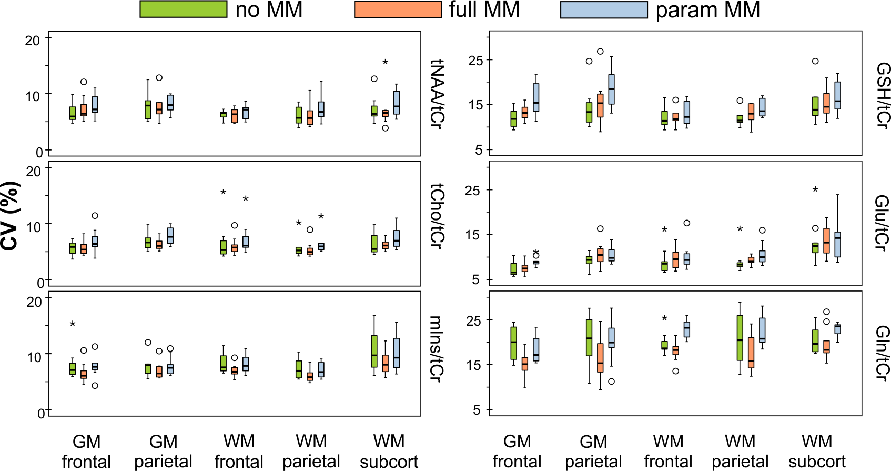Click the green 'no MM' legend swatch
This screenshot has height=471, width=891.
tap(183, 9)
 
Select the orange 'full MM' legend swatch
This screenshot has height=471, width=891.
tap(398, 9)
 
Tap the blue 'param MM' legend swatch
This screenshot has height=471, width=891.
tap(604, 9)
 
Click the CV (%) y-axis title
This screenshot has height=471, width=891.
tap(11, 216)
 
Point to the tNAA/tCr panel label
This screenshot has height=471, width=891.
tap(437, 94)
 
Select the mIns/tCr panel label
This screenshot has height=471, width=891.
tap(437, 348)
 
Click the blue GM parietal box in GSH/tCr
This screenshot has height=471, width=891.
tap(611, 89)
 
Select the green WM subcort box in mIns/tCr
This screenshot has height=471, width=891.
tap(374, 351)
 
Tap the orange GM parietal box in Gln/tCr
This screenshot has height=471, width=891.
tap(600, 358)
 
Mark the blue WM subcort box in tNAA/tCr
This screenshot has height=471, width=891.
tap(397, 103)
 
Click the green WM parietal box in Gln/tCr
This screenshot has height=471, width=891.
tap(740, 338)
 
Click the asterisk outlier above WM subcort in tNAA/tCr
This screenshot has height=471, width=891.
tap(385, 63)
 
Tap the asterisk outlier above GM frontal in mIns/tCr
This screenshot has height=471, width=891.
tap(73, 324)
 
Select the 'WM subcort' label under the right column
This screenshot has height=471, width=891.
tap(817, 451)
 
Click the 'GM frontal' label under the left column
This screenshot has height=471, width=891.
tap(87, 451)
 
